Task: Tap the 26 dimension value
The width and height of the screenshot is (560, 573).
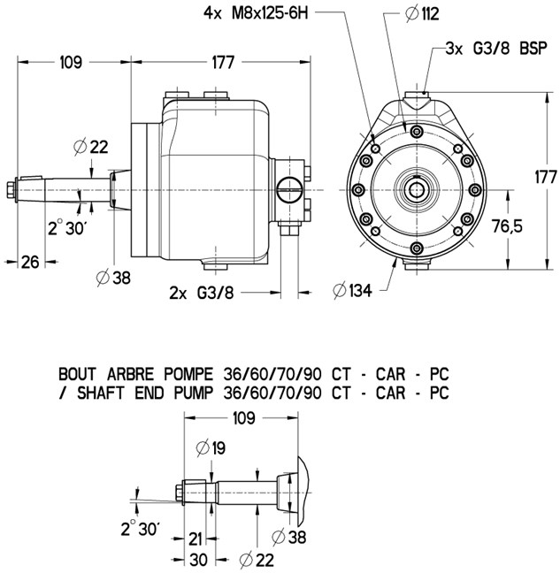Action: tap(31, 261)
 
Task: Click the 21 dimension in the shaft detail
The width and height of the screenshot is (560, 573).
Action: tap(196, 539)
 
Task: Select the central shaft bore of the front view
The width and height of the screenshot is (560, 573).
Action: tap(418, 188)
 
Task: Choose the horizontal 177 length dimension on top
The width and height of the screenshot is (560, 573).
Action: tap(223, 62)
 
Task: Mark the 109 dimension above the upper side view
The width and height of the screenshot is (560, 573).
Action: tap(70, 62)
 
